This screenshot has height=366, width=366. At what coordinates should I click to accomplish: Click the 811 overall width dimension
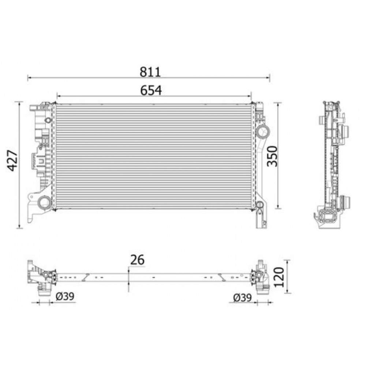(150, 72)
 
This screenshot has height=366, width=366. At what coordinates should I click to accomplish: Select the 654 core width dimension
(150, 90)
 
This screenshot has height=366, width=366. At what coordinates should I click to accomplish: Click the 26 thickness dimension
(137, 259)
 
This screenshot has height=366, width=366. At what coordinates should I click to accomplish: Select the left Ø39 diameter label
(66, 296)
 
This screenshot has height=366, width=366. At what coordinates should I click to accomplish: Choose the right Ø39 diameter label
(242, 298)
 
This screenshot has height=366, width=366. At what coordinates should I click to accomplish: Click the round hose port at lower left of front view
(45, 202)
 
